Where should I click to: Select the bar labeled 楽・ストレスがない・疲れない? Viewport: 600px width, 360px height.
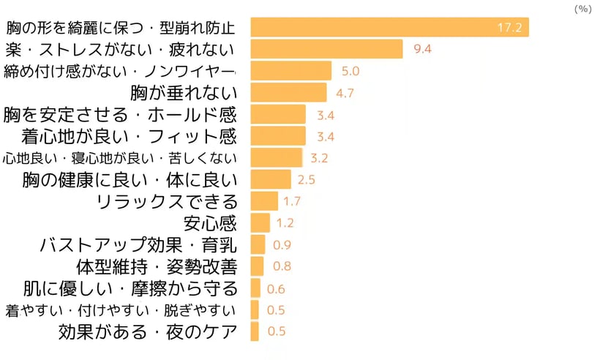(x=326, y=50)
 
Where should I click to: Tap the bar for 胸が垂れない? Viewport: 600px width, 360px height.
(x=288, y=93)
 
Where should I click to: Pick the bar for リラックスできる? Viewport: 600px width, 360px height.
(x=264, y=201)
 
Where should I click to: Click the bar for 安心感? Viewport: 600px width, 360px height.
(x=260, y=222)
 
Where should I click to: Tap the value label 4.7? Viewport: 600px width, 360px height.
(x=345, y=93)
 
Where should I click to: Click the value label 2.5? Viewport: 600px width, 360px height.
(x=306, y=180)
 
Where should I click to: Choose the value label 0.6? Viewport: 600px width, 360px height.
(x=277, y=288)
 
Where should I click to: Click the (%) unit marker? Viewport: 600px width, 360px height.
(x=582, y=9)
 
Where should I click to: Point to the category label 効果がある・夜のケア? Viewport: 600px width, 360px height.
(x=148, y=331)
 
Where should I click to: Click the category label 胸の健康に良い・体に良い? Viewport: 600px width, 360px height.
(x=130, y=180)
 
